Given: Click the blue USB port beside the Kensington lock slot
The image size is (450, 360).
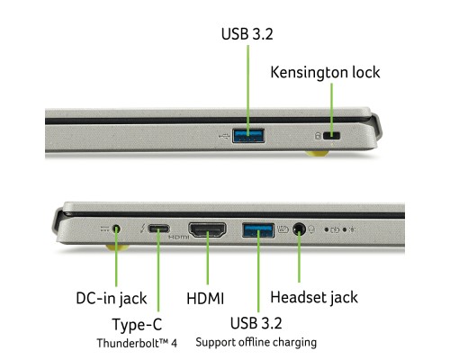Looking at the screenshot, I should pos(247,135).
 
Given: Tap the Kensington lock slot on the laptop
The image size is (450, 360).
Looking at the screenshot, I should pos(333,135).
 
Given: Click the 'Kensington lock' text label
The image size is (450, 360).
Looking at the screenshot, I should pos(325,72).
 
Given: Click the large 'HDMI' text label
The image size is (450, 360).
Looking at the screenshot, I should pos(205,297).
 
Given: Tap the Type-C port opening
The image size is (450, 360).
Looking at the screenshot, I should pos(158,229).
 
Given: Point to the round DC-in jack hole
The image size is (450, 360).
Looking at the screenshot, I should pos(116,229).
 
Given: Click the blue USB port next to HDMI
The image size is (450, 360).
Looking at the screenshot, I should pos(257,229).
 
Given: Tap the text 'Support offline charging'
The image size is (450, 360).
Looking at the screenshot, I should pos(256,342).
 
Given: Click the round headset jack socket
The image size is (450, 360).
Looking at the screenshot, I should pos(298,229).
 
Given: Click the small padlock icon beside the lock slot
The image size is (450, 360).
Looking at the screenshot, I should pos(316,136).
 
